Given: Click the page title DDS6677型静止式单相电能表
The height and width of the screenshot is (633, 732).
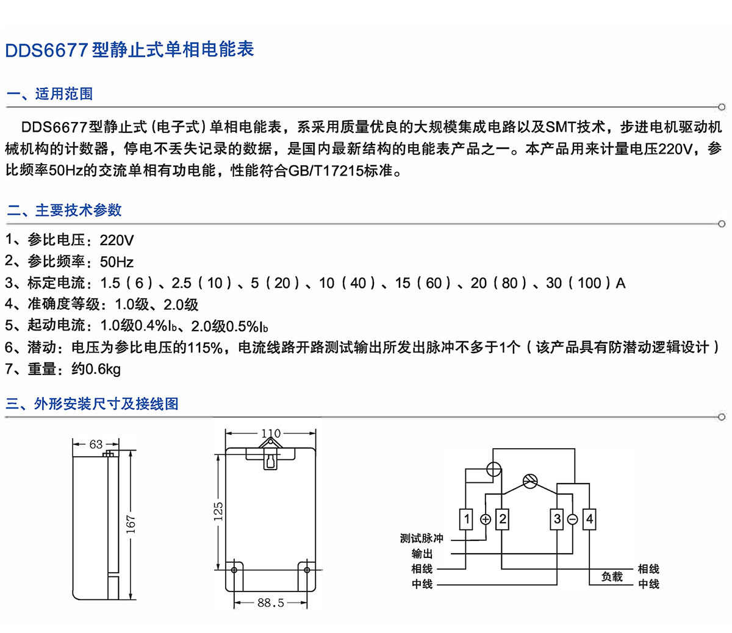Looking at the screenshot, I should click(129, 49).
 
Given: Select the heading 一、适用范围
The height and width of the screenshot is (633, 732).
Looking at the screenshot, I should click(49, 94).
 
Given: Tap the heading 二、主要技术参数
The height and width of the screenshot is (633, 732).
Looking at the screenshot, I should click(64, 210).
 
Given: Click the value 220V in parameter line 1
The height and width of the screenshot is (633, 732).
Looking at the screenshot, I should click(117, 240).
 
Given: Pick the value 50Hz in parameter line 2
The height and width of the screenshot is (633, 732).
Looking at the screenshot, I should click(117, 262).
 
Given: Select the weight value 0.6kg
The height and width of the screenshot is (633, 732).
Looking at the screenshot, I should click(103, 369).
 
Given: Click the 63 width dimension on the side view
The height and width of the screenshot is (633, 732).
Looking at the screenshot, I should click(96, 444).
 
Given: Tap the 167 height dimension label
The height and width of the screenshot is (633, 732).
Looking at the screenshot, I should click(131, 524).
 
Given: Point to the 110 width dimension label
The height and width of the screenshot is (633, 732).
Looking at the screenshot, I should click(271, 434).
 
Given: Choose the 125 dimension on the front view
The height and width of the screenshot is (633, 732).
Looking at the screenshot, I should click(218, 512).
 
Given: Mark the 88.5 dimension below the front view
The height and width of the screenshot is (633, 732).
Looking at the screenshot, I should click(271, 603).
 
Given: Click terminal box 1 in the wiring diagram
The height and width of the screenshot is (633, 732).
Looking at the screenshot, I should click(467, 520).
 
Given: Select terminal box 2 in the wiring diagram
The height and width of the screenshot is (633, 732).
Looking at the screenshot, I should click(503, 520).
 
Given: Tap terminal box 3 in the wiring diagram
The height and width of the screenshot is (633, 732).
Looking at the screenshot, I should click(557, 520).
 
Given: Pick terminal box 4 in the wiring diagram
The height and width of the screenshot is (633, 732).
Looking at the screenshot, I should click(589, 520).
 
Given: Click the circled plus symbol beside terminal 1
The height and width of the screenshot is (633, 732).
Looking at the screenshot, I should click(486, 520).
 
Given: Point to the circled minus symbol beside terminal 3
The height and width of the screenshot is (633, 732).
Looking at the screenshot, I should click(573, 520).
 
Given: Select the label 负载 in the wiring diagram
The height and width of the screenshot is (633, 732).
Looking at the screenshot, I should click(612, 576).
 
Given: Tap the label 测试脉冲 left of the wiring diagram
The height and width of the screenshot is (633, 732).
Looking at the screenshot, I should click(422, 538).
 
